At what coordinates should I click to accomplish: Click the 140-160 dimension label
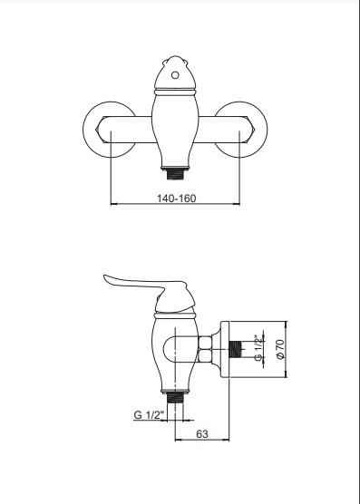176,198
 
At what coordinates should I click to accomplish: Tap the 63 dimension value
202,434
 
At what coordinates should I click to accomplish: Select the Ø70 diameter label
280,349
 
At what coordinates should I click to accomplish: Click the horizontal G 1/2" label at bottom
149,414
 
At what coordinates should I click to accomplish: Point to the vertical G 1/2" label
259,349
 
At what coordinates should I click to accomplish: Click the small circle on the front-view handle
175,75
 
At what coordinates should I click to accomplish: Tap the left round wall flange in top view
96,130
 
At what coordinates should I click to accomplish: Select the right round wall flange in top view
254,130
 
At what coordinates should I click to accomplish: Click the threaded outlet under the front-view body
175,173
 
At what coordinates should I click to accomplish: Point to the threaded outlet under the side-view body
175,398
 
